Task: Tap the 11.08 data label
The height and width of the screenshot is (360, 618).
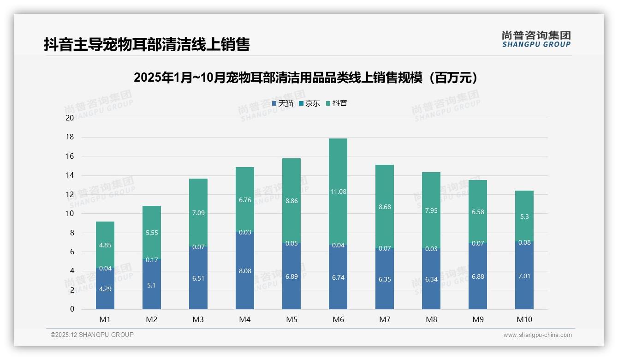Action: click(338, 192)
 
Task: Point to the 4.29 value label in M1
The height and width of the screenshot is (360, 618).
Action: click(105, 289)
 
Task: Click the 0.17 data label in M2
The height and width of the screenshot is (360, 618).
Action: click(152, 260)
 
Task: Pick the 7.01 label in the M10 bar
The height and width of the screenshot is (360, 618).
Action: click(524, 276)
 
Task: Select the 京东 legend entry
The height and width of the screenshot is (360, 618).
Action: click(309, 103)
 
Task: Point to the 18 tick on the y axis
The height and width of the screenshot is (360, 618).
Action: click(70, 137)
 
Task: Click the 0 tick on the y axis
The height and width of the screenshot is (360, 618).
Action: click(72, 309)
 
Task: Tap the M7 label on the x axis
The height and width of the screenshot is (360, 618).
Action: click(385, 319)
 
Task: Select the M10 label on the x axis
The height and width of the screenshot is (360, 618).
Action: click(524, 319)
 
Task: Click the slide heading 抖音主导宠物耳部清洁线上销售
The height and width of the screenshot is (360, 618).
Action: click(147, 45)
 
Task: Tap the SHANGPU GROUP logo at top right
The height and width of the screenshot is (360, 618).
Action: click(536, 39)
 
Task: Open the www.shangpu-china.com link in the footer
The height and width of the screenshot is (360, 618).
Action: click(537, 335)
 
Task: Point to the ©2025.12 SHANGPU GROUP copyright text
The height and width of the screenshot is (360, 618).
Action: click(92, 335)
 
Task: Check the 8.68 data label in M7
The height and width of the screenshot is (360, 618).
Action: click(385, 207)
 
